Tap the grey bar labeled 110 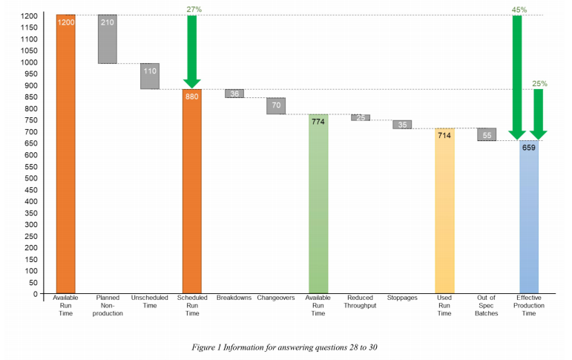pyautogui.click(x=150, y=76)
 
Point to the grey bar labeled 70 pyautogui.click(x=276, y=105)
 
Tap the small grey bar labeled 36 pyautogui.click(x=234, y=94)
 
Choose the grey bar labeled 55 pyautogui.click(x=487, y=134)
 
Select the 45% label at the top pyautogui.click(x=519, y=9)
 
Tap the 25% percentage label pyautogui.click(x=539, y=83)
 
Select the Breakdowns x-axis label pyautogui.click(x=234, y=298)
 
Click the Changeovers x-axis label pyautogui.click(x=276, y=298)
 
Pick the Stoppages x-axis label pyautogui.click(x=402, y=298)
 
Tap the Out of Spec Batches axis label pyautogui.click(x=487, y=305)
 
